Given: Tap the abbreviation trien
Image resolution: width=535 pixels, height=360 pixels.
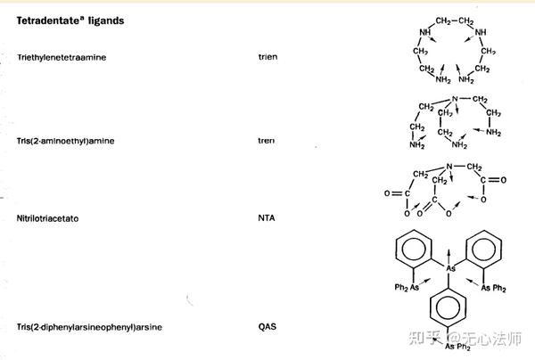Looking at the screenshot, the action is pyautogui.click(x=267, y=57).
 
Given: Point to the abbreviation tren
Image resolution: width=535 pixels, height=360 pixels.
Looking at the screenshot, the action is pyautogui.click(x=266, y=141).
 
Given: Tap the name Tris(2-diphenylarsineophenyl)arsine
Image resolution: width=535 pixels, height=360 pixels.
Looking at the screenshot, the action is pyautogui.click(x=89, y=327).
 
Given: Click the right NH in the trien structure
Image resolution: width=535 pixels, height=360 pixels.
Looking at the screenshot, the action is pyautogui.click(x=482, y=34).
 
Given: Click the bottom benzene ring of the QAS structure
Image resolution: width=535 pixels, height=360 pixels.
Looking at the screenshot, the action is pyautogui.click(x=452, y=312).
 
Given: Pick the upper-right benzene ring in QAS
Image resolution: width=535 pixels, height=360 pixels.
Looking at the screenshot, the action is pyautogui.click(x=489, y=245).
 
